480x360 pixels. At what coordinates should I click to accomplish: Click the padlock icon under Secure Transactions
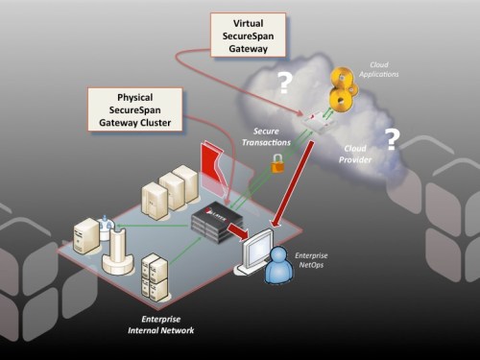point(277,164)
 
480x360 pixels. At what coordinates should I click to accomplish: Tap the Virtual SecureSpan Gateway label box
point(249,36)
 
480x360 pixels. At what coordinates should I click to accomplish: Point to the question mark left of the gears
point(284,84)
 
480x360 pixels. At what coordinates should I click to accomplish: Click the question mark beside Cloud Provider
point(392,140)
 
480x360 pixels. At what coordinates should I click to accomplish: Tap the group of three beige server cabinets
point(170,192)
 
